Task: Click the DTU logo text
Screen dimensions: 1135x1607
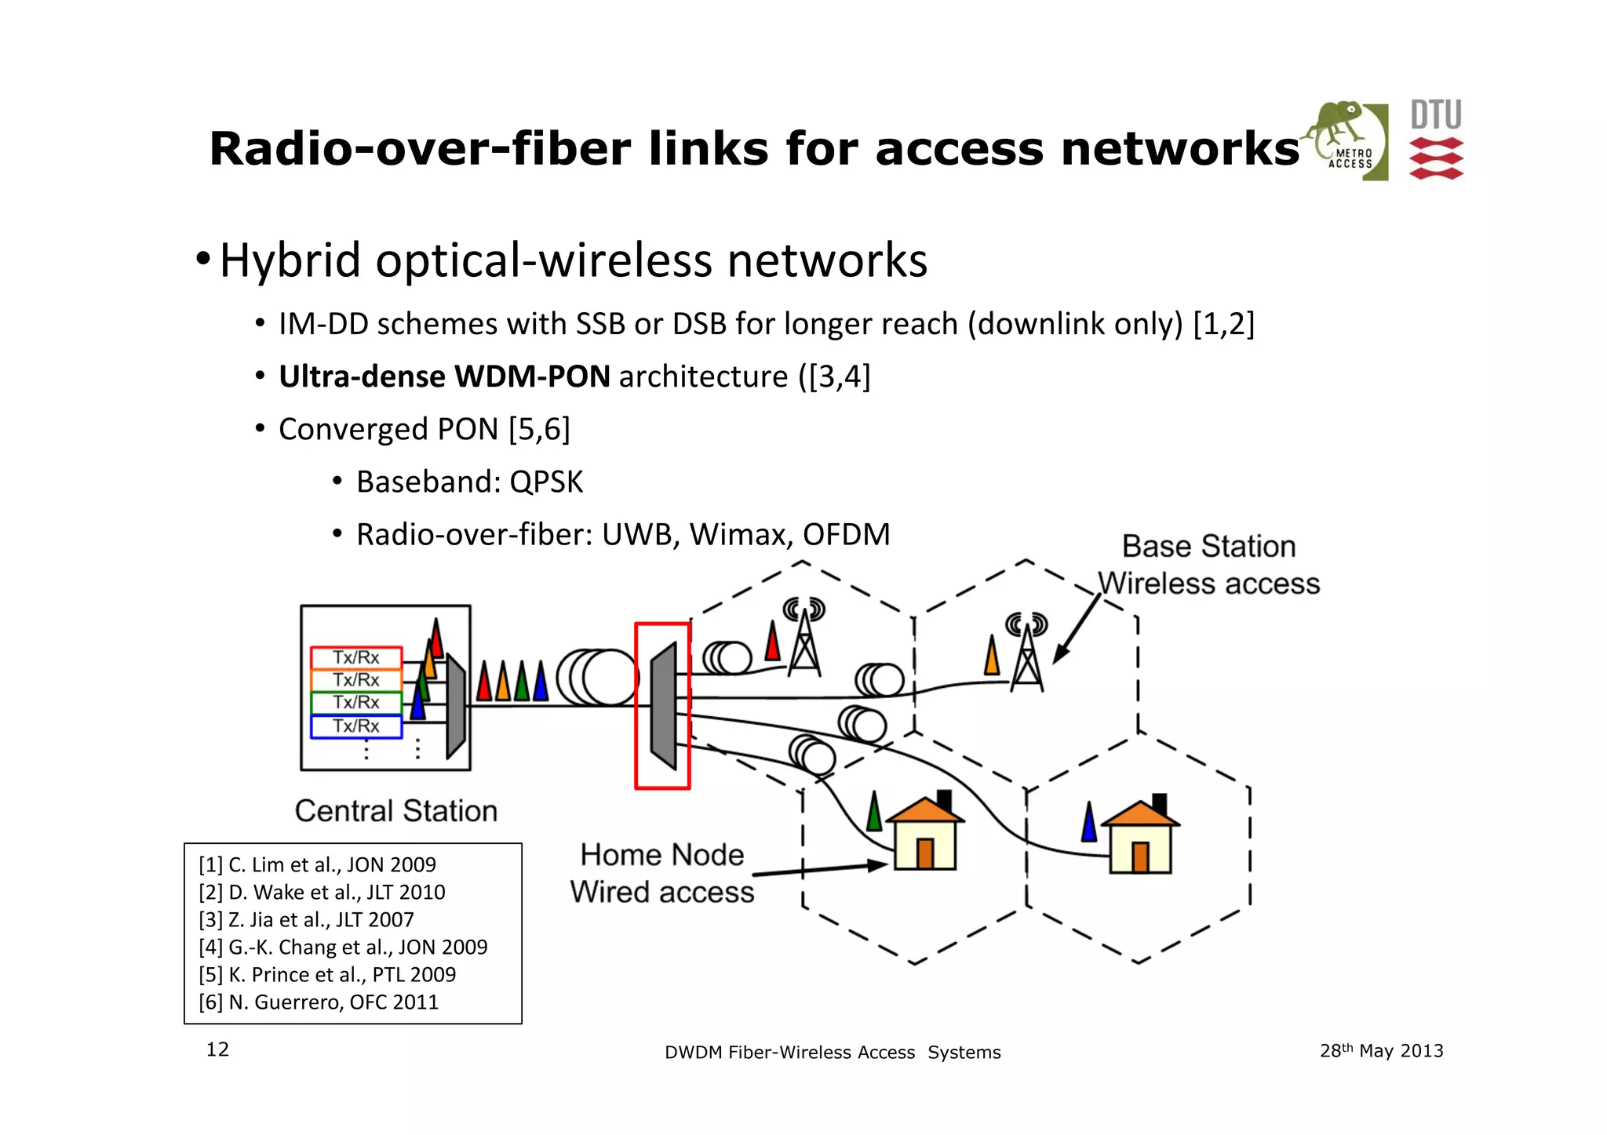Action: (1436, 115)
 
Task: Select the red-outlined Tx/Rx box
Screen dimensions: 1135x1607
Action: (355, 657)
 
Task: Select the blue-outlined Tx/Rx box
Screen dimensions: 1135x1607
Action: (355, 726)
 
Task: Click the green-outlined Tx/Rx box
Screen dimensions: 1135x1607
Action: (355, 703)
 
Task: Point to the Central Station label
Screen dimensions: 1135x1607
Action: (395, 810)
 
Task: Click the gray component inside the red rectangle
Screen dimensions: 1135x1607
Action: (664, 705)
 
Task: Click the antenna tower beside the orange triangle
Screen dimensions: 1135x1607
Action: (1027, 657)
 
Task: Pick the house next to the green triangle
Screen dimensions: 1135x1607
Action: (925, 835)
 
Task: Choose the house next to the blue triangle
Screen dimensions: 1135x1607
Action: (1140, 839)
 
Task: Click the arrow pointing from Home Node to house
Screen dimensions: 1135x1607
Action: (820, 869)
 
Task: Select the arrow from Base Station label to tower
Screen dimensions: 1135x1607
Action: (1077, 628)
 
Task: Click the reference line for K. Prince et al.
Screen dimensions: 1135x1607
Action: (327, 975)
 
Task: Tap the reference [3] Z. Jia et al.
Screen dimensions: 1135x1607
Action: (306, 919)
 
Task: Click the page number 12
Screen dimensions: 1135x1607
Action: (217, 1050)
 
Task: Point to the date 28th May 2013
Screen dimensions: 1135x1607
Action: (1381, 1051)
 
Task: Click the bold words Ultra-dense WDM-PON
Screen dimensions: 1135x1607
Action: (444, 377)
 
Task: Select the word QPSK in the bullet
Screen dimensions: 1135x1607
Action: (546, 482)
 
